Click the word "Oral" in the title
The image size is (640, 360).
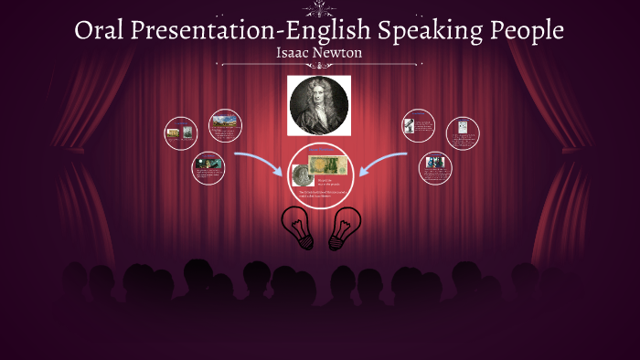point(101,31)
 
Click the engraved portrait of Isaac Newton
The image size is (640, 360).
point(319,105)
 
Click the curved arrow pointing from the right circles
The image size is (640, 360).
point(382,164)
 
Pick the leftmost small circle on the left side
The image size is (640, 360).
point(180,133)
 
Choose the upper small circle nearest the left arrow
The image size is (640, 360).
point(224,126)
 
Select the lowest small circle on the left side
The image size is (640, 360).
point(208,168)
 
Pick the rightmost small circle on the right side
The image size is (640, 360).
point(463,133)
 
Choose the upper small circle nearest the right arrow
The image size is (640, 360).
point(419,126)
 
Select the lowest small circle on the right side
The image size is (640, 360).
point(434,168)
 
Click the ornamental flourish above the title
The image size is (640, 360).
point(319,9)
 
